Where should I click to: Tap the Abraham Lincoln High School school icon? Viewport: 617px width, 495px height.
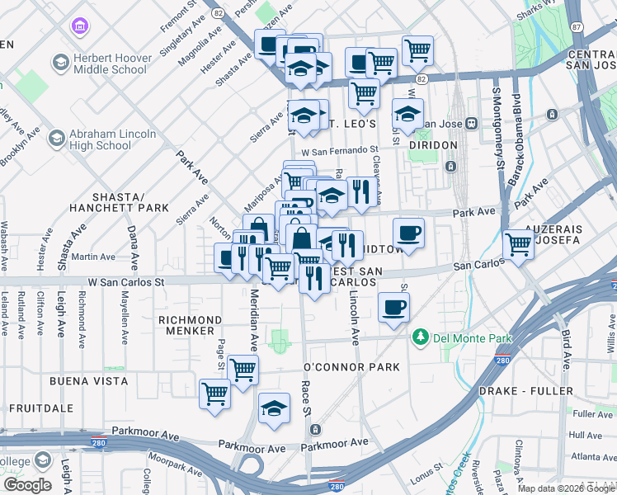pyautogui.click(x=57, y=139)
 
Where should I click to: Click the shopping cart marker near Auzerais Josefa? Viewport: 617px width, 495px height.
pyautogui.click(x=518, y=243)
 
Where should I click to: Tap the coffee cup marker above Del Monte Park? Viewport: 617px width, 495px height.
pyautogui.click(x=393, y=307)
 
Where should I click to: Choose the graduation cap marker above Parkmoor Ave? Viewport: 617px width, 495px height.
pyautogui.click(x=274, y=408)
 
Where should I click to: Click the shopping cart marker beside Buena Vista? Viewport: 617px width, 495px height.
pyautogui.click(x=214, y=393)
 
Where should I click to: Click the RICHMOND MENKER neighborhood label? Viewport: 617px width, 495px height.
pyautogui.click(x=190, y=325)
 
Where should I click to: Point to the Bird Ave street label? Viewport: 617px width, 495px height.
pyautogui.click(x=566, y=350)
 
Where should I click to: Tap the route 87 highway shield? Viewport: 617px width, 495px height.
pyautogui.click(x=576, y=27)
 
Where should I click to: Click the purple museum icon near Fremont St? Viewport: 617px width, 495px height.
pyautogui.click(x=79, y=28)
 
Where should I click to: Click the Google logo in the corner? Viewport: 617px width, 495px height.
pyautogui.click(x=28, y=485)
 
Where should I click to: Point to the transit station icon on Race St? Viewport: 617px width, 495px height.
pyautogui.click(x=315, y=429)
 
